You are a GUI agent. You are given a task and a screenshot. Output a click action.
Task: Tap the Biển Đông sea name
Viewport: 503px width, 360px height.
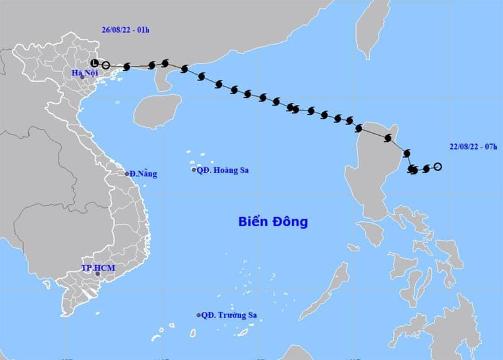(x=273, y=222)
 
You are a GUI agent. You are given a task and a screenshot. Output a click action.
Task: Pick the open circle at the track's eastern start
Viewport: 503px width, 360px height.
(x=438, y=166)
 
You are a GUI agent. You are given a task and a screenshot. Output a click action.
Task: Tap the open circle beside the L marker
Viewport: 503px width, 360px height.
(x=106, y=65)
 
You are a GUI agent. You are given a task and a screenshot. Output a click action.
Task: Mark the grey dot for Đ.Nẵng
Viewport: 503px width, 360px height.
(x=127, y=173)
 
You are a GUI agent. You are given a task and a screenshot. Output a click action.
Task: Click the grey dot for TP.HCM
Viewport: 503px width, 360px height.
(x=97, y=273)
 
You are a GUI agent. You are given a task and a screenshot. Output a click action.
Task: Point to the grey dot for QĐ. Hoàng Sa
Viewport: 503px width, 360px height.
(x=194, y=170)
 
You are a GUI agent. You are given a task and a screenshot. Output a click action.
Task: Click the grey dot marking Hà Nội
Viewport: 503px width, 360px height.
(x=81, y=77)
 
